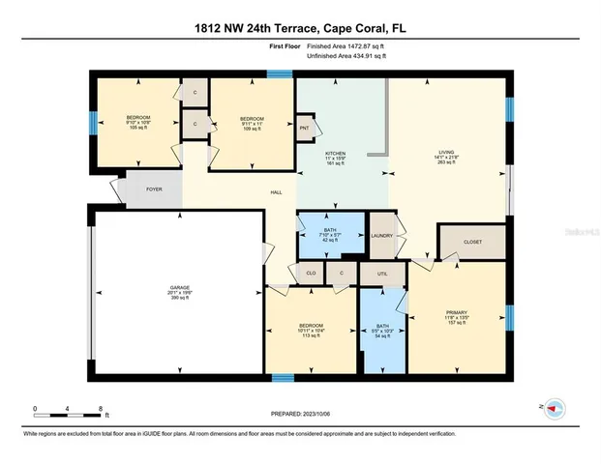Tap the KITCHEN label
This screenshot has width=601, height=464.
pos(335,153)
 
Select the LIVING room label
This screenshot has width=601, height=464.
pos(446,153)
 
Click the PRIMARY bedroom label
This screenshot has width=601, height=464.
pos(457,312)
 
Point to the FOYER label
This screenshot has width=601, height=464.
pos(154,190)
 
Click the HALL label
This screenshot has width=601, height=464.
pos(276,191)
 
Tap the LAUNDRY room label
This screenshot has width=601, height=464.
pos(380,234)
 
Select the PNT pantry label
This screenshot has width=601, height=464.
pos(304,128)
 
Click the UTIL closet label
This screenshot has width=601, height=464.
pos(382,274)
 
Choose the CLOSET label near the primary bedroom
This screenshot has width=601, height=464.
pos(471,241)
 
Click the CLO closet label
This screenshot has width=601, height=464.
pos(311,274)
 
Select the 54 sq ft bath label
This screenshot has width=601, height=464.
pos(382,327)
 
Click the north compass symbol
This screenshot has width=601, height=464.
pos(554,407)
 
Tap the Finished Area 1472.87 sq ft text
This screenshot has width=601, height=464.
pos(346,45)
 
